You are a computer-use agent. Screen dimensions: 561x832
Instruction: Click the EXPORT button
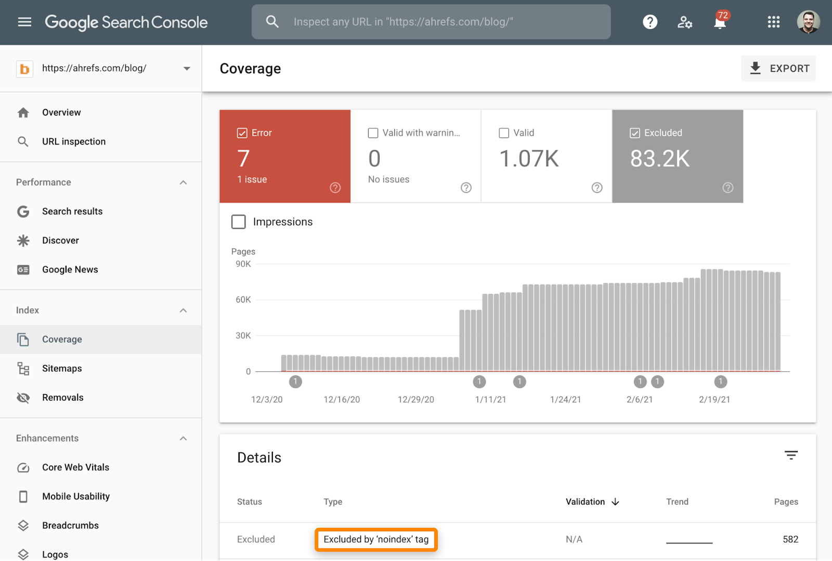778,69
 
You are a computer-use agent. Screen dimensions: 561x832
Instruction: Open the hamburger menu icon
24,22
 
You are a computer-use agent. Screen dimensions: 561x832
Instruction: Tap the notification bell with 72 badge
720,22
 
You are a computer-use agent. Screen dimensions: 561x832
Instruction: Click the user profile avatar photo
808,22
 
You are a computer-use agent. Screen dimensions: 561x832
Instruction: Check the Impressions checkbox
239,222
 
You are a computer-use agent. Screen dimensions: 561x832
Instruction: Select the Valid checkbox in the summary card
504,133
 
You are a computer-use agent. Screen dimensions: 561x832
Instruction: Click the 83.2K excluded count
660,159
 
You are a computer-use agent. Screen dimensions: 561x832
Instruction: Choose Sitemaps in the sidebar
62,369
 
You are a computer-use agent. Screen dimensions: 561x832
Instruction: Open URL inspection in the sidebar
73,141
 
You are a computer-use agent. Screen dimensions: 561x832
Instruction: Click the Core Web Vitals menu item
75,467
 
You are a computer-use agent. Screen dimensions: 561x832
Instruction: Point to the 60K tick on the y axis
243,299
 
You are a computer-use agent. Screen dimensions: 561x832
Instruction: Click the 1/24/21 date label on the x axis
565,399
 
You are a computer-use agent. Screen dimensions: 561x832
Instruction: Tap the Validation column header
586,502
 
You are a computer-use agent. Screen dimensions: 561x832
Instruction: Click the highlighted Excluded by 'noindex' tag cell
376,540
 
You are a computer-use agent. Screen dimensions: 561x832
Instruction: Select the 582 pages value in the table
790,540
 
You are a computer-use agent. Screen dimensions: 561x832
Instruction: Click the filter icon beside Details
791,455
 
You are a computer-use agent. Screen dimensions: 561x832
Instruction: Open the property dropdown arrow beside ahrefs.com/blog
187,69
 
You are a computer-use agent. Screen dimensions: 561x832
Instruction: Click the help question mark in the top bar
650,22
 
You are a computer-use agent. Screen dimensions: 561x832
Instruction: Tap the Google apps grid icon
773,22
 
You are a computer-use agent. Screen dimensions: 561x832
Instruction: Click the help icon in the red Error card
335,188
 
